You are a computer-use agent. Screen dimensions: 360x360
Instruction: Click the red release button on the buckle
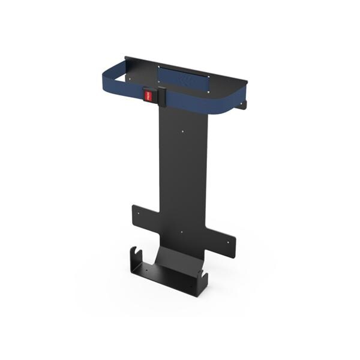[x=148, y=94]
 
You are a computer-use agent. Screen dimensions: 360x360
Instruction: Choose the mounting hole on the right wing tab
[x=229, y=242]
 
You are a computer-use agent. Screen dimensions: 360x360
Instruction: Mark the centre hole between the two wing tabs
[x=182, y=230]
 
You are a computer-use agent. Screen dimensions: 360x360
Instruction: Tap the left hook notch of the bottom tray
[x=135, y=249]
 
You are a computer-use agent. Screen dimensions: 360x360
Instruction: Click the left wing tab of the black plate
[x=143, y=215]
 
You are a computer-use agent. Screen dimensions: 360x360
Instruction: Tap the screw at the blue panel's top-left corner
[x=158, y=67]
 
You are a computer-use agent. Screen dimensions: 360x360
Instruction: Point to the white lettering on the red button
[x=147, y=94]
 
